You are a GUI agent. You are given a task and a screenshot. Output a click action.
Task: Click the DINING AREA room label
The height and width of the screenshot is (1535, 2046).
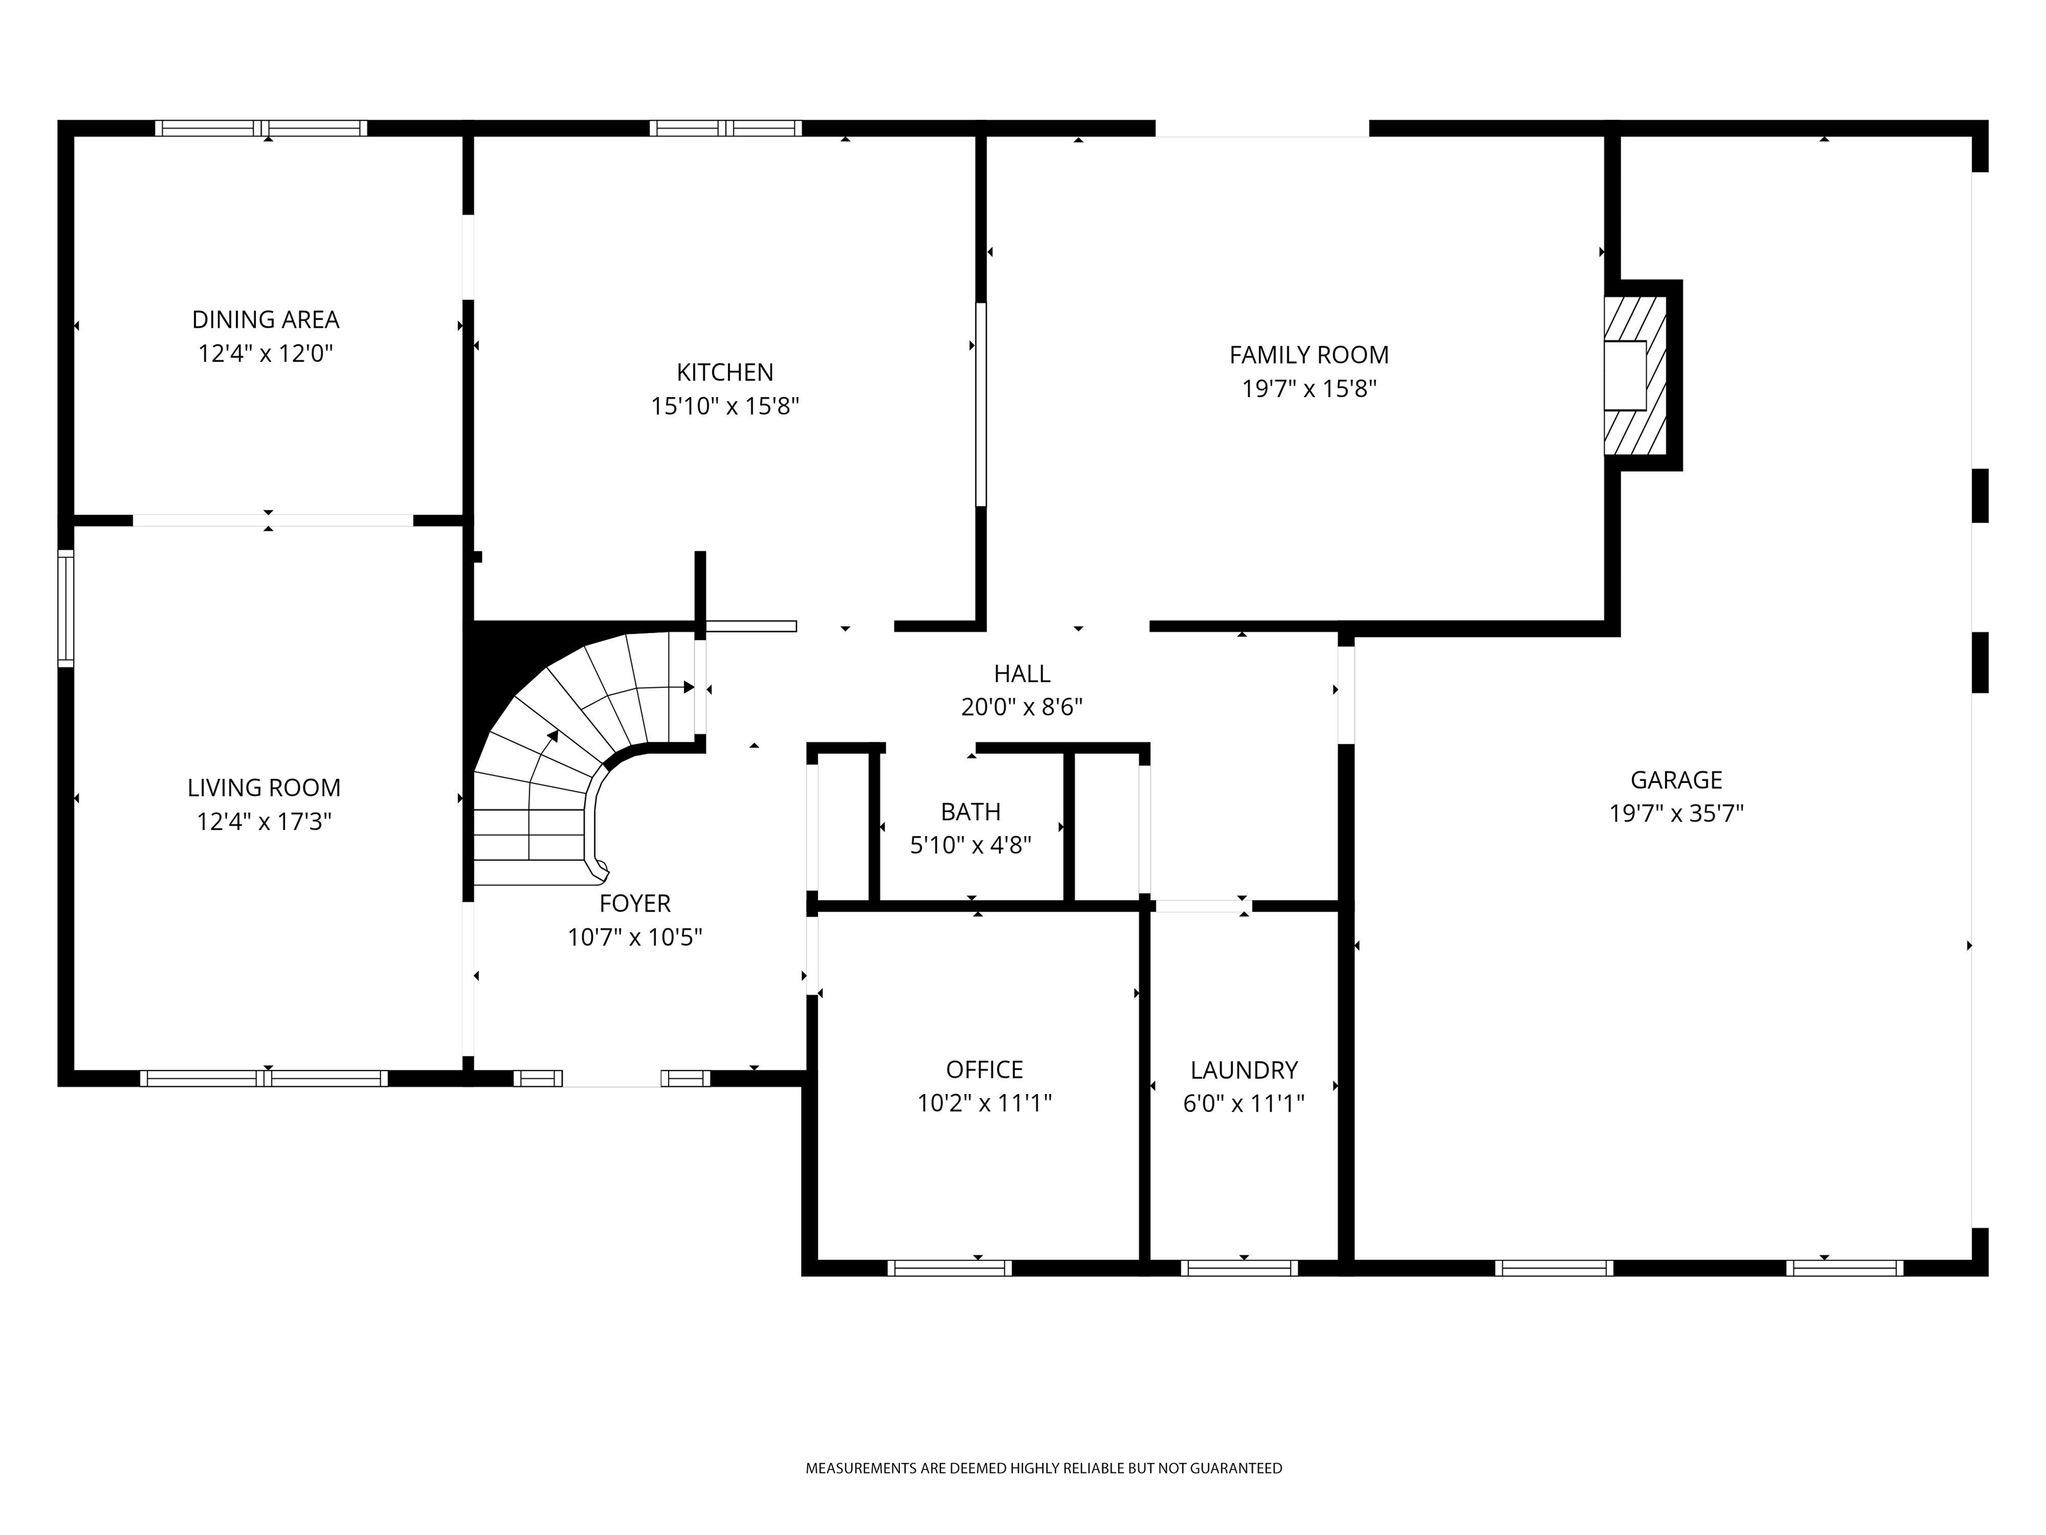click(266, 319)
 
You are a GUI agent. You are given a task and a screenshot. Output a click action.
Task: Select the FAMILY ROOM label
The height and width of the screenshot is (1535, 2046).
click(1308, 354)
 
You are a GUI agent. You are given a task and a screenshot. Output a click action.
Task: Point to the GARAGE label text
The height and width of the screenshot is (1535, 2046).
click(1675, 779)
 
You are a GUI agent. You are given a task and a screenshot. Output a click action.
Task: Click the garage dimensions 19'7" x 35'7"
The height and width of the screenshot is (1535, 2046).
click(1675, 813)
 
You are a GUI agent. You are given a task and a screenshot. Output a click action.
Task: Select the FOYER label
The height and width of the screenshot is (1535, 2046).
click(635, 903)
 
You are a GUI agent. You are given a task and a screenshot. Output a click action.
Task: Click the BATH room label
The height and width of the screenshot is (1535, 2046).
click(970, 811)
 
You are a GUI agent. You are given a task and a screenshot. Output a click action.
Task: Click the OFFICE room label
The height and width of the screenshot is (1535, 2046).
click(984, 1069)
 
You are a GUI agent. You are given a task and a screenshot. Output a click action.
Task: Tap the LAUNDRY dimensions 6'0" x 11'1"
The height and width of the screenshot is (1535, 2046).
click(1243, 1103)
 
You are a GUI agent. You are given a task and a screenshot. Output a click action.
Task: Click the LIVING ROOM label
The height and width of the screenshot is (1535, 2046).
click(264, 787)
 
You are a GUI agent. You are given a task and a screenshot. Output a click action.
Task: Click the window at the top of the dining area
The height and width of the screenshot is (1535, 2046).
click(261, 129)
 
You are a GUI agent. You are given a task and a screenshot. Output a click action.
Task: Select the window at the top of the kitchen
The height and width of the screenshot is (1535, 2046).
click(725, 129)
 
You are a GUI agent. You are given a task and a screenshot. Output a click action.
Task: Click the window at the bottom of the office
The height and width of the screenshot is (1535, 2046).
click(950, 1268)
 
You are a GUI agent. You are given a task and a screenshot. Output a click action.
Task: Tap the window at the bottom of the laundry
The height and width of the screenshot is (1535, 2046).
click(1239, 1268)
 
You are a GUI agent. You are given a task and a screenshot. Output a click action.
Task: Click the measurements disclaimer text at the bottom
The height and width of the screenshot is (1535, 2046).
click(1044, 1468)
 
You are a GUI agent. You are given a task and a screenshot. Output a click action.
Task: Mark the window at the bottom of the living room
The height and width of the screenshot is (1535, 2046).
click(264, 1078)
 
